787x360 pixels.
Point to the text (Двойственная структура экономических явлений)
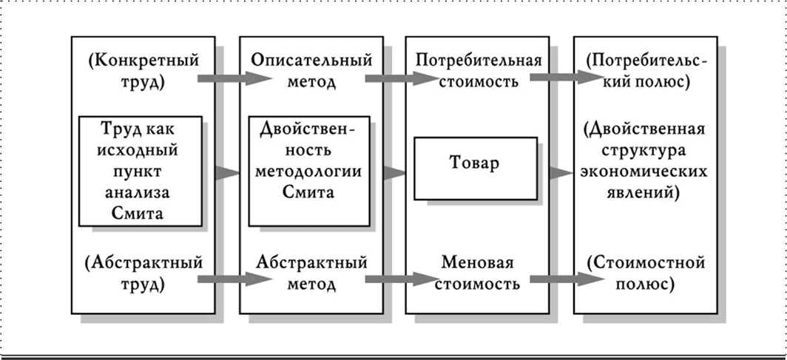(646, 162)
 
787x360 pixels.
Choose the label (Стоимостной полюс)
(646, 272)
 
